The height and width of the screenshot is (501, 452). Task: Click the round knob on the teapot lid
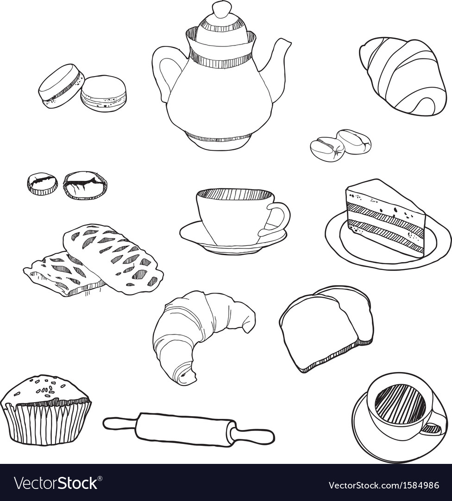point(221,9)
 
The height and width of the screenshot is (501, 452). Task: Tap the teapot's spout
point(280,60)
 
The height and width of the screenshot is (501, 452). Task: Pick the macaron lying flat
point(103,93)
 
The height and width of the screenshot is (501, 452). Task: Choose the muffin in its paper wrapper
point(45,411)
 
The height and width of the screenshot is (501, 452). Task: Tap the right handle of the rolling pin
point(256,436)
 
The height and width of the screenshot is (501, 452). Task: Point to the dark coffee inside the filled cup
point(399,404)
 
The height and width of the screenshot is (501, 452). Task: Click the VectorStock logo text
point(56,483)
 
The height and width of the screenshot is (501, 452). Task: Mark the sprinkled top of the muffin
point(45,388)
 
